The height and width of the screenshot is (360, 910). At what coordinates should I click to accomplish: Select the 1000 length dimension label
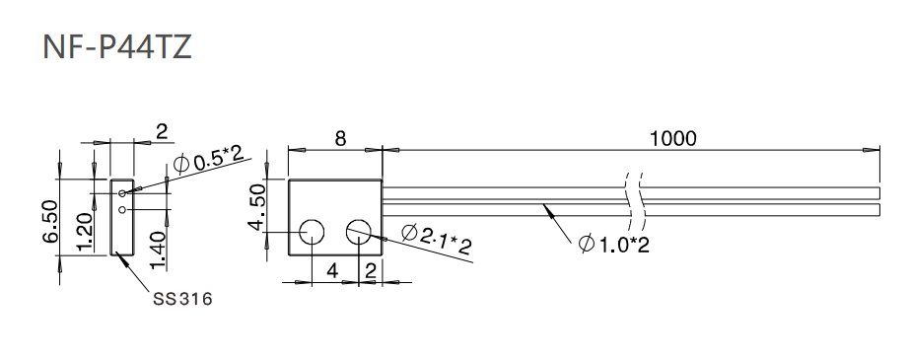[672, 138]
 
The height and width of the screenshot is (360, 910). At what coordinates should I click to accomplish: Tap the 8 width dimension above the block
[340, 139]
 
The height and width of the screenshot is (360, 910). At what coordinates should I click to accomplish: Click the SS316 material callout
[182, 297]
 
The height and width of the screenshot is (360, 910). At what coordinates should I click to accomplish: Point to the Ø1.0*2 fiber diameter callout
[613, 244]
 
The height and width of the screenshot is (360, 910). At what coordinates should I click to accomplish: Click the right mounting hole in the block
[358, 234]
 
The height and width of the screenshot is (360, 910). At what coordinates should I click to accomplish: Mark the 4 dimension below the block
[333, 269]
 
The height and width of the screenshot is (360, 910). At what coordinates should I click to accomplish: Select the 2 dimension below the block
[370, 269]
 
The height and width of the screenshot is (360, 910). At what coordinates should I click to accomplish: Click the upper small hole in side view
[121, 193]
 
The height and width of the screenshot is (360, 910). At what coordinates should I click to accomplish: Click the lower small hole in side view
[121, 209]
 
